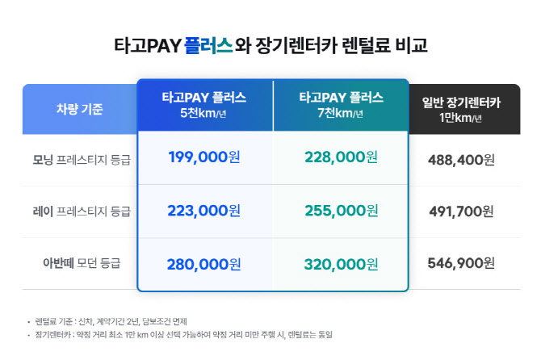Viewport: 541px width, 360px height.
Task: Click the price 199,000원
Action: pos(204,157)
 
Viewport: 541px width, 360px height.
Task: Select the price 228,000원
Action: pos(342,157)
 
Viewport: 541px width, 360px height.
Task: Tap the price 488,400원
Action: pos(461,159)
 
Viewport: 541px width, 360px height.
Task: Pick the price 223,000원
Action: pos(204,211)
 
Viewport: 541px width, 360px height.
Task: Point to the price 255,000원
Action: pos(342,211)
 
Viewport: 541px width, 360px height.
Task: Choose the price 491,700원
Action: pos(461,211)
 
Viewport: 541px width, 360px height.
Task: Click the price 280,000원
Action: pos(204,263)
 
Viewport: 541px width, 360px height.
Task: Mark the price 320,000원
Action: pos(342,263)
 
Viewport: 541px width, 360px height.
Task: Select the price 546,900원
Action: pos(461,264)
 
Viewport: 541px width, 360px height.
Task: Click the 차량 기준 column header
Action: pos(79,108)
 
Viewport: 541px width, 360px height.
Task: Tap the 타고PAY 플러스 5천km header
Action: pos(204,105)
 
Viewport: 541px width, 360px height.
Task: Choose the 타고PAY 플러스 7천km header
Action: pos(341,105)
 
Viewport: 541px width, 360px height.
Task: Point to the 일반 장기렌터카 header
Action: pos(462,109)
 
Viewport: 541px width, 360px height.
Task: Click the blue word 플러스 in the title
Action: pos(208,45)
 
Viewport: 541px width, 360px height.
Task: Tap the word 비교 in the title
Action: pos(409,45)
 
